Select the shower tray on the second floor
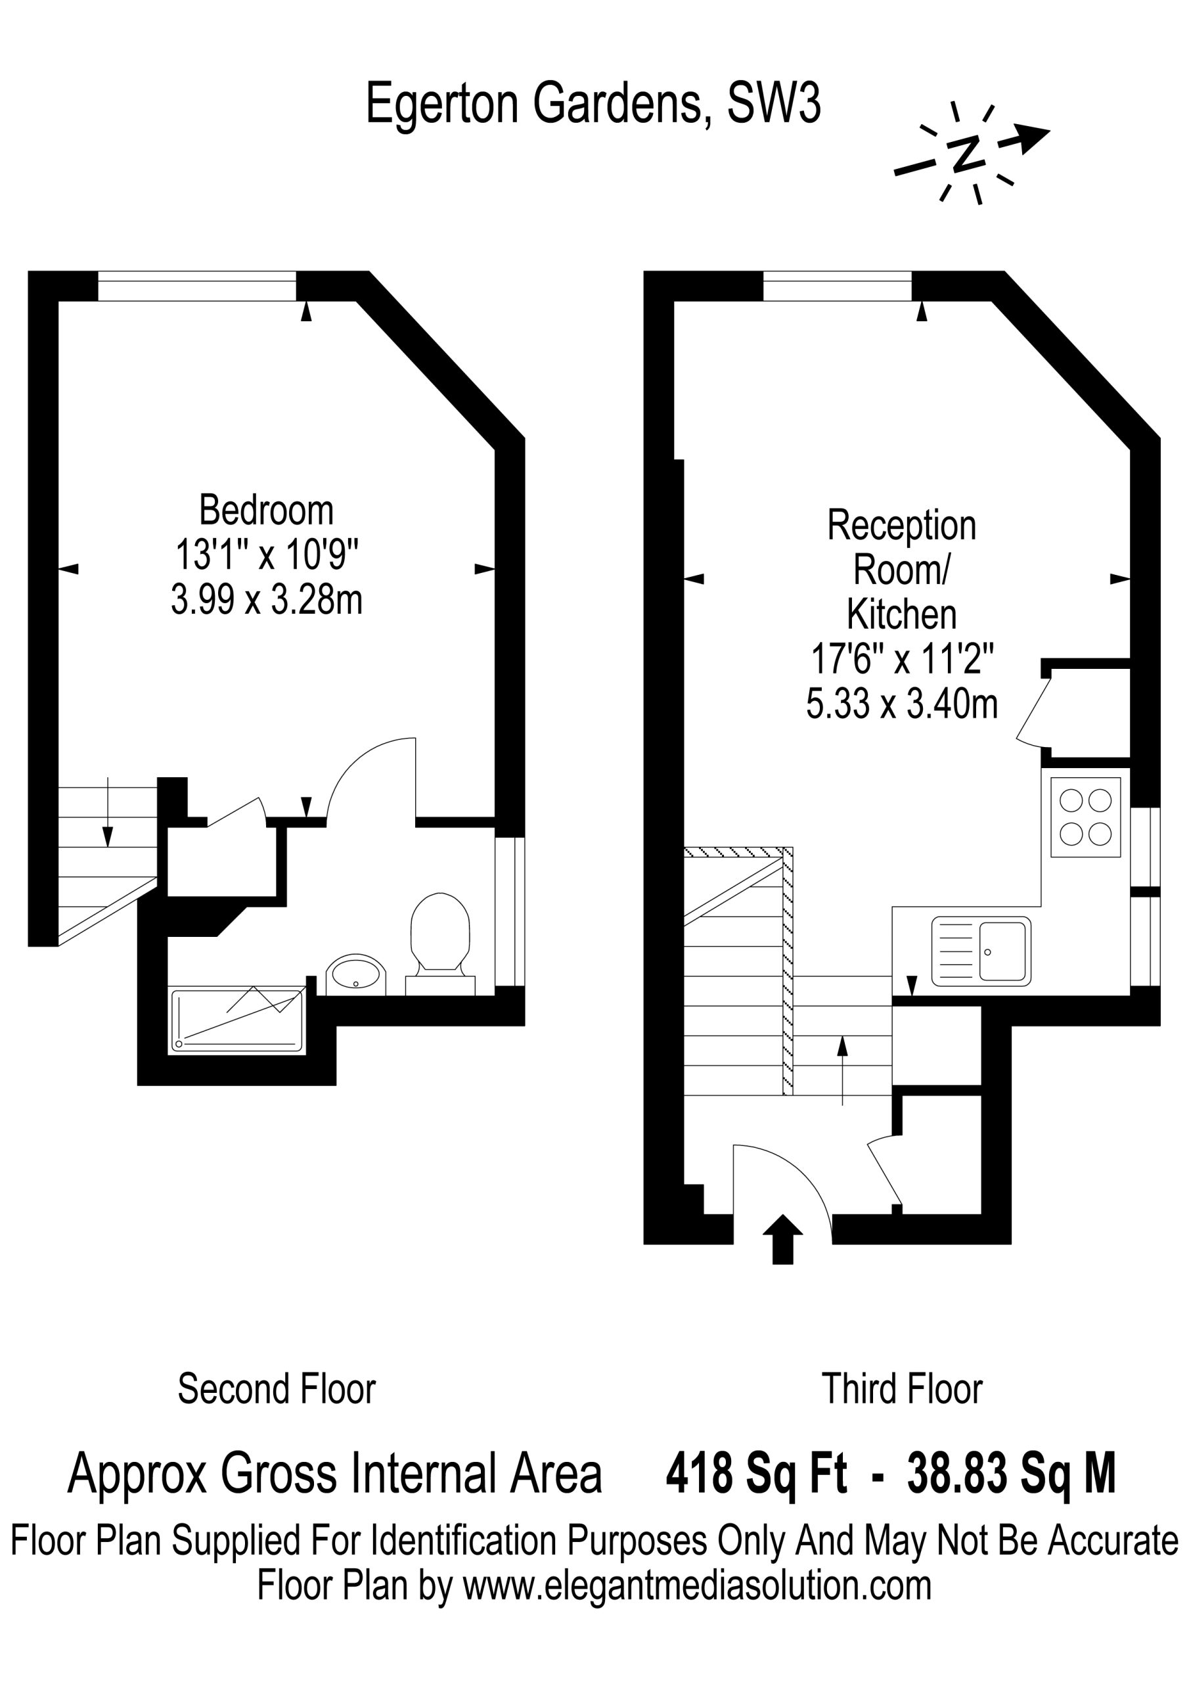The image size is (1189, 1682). [x=236, y=1020]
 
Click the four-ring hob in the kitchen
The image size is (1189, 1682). [x=1085, y=817]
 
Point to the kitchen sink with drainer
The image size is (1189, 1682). [x=981, y=951]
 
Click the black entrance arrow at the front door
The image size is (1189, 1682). [x=782, y=1239]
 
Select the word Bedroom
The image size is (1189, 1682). [x=266, y=510]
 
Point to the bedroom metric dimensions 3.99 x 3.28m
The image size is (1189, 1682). [x=266, y=600]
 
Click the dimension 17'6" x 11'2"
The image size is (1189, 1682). [x=902, y=658]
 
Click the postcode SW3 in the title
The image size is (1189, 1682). [x=773, y=103]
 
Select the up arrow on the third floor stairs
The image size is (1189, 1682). [x=843, y=1070]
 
